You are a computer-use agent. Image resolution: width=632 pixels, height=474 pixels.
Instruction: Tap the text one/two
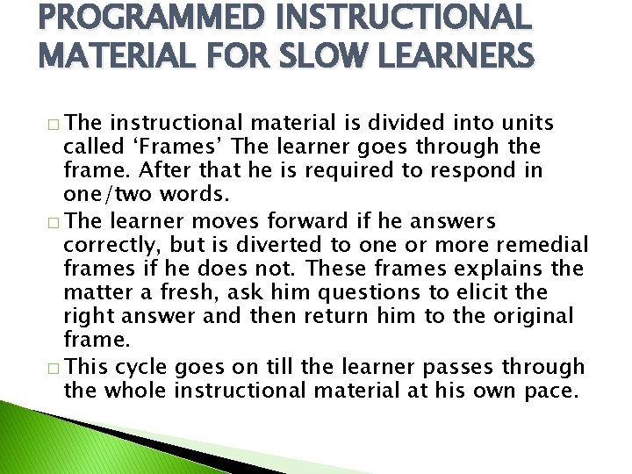click(105, 193)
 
